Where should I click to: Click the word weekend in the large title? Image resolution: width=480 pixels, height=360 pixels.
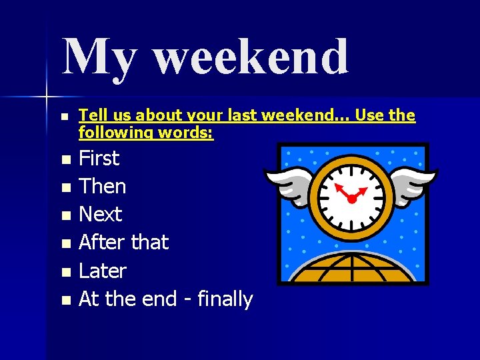click(251, 57)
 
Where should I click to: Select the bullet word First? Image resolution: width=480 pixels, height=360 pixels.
click(99, 159)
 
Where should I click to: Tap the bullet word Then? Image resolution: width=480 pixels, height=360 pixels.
click(102, 187)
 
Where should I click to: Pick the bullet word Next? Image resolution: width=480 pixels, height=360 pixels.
click(100, 215)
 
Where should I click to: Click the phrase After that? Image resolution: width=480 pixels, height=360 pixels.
click(123, 242)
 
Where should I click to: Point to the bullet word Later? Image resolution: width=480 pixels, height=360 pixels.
click(102, 271)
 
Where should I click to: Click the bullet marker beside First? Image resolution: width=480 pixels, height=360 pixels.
click(65, 160)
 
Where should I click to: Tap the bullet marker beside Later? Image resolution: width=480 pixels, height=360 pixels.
click(65, 272)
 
